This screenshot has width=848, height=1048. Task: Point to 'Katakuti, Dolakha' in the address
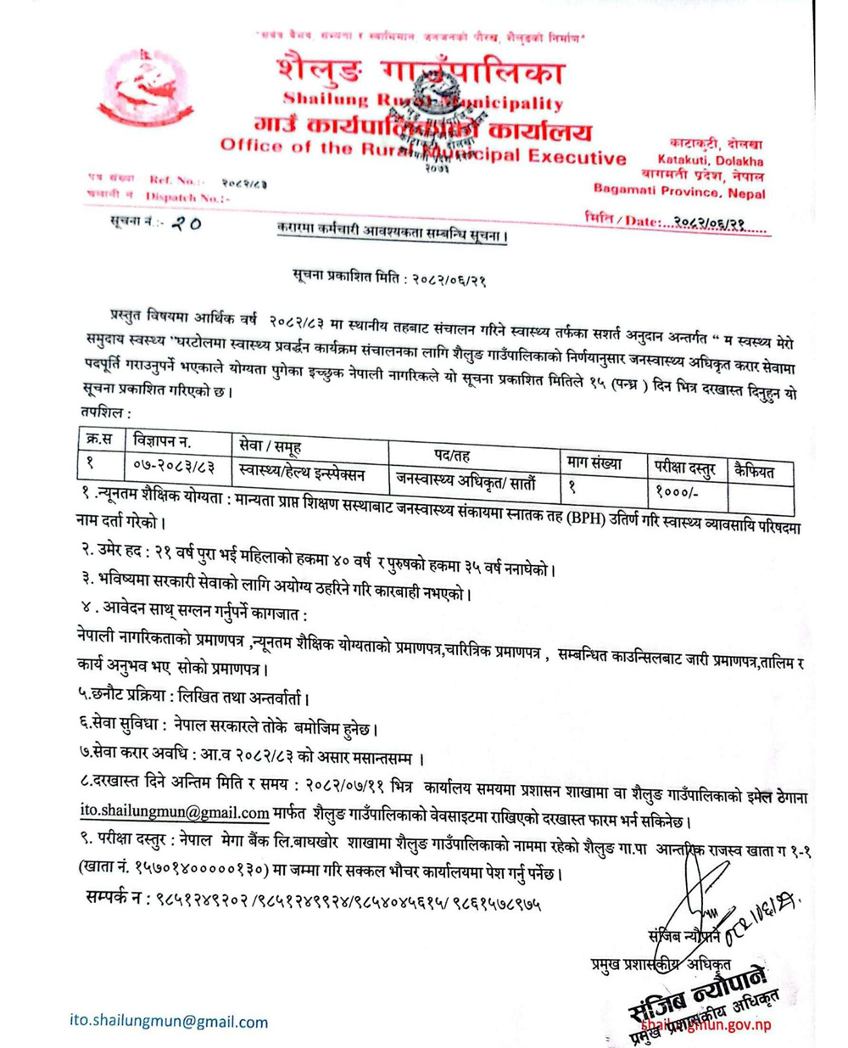(710, 160)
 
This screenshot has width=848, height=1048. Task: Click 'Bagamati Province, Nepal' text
(679, 191)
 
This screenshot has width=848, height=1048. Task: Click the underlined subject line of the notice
(392, 231)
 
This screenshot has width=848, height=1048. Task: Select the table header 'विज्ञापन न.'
(163, 440)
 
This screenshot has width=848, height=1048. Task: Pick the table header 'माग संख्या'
(594, 463)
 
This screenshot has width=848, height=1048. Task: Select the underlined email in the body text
(175, 812)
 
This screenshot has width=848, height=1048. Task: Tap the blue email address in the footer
(169, 1021)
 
